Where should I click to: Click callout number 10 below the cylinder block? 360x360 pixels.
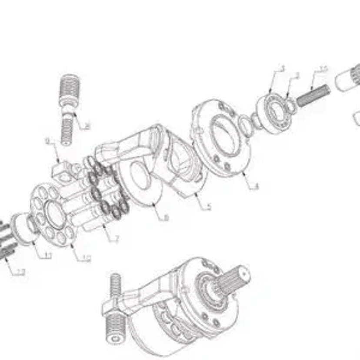click(x=86, y=258)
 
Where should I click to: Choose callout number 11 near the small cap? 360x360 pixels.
click(x=47, y=255)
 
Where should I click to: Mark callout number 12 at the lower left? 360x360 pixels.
click(x=20, y=272)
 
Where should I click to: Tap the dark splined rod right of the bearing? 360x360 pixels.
click(x=313, y=94)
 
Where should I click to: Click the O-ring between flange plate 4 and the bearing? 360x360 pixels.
click(x=246, y=127)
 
